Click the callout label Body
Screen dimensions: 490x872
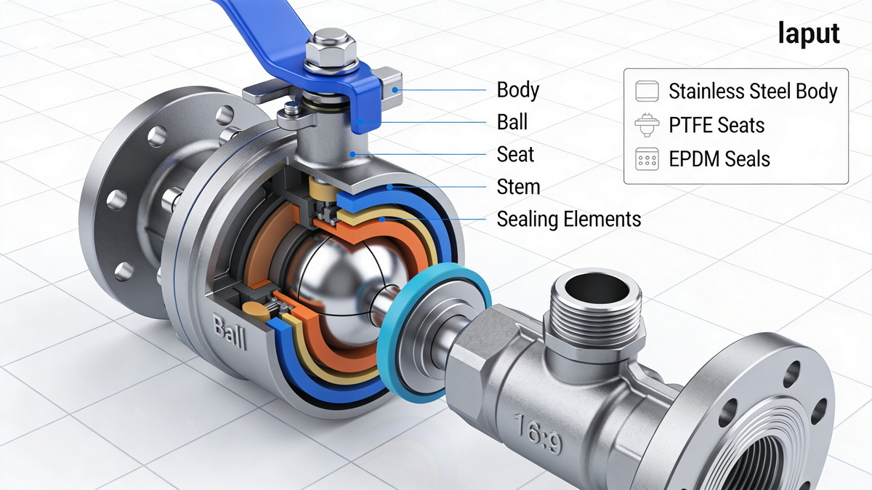pyautogui.click(x=517, y=90)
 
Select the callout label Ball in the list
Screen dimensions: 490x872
pyautogui.click(x=512, y=122)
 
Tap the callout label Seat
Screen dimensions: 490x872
pyautogui.click(x=515, y=154)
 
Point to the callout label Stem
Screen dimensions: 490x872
pyautogui.click(x=518, y=187)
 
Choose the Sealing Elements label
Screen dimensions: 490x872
pyautogui.click(x=568, y=219)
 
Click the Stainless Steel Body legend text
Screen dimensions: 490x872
pyautogui.click(x=753, y=92)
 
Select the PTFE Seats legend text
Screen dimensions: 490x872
pyautogui.click(x=716, y=125)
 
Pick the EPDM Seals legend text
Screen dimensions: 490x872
pyautogui.click(x=719, y=159)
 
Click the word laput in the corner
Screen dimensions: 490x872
pyautogui.click(x=808, y=34)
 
